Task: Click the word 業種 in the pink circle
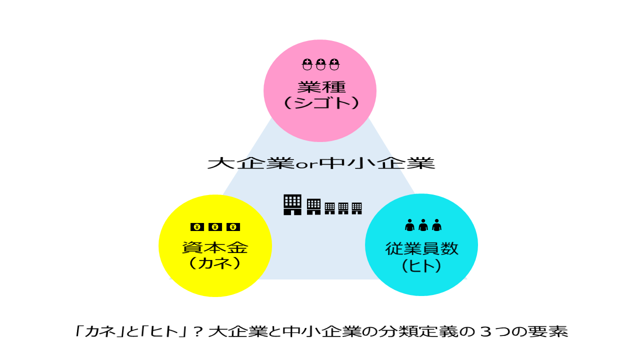point(321,87)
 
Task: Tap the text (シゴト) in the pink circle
point(321,103)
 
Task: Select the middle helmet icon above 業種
point(320,64)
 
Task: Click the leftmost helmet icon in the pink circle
point(307,64)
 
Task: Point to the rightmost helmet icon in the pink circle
point(334,64)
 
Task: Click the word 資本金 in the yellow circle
point(215,247)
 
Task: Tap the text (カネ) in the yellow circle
point(215,263)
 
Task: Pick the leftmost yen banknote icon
point(197,227)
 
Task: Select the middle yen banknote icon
point(215,227)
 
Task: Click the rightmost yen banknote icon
point(233,227)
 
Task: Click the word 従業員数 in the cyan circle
point(421,248)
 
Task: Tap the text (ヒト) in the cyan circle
point(421,265)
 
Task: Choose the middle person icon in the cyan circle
point(423,225)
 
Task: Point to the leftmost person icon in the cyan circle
point(409,225)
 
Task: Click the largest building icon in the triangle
point(292,204)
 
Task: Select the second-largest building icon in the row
point(313,206)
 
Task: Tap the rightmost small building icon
point(357,208)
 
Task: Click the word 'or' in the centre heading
point(306,165)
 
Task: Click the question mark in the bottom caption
point(197,332)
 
